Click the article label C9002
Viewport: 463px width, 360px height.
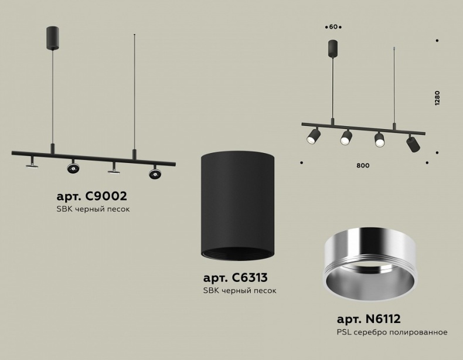point(92,196)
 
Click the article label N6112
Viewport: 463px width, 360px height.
point(369,320)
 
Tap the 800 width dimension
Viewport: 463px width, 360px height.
point(363,166)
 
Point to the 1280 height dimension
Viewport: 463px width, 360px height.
point(437,98)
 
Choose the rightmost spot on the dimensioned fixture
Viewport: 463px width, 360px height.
point(413,143)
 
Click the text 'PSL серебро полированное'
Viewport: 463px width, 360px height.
point(392,332)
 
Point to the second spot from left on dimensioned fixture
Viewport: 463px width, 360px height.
point(346,138)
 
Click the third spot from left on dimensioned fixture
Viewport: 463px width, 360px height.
point(379,140)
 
